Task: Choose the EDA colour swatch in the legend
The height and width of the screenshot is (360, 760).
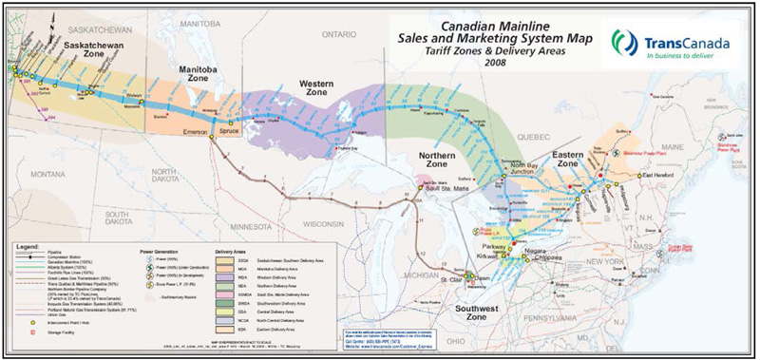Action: (220, 328)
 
